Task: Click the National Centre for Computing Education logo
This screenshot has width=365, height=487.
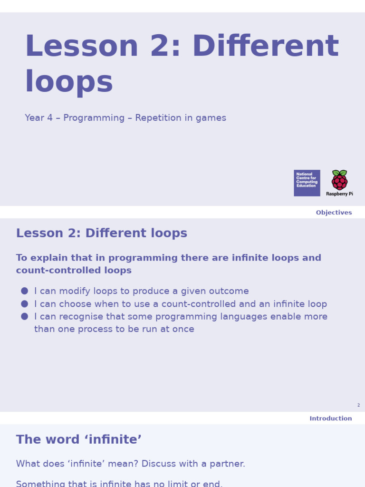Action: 307,183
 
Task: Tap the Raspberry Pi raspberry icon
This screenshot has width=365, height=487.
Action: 339,180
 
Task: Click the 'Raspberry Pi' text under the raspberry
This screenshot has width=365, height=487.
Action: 339,194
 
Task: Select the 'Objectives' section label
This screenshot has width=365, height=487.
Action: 334,213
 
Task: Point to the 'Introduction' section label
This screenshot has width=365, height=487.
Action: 331,419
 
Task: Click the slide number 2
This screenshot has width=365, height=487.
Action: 358,405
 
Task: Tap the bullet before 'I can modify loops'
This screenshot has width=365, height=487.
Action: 25,291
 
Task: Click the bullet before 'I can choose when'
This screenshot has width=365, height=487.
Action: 25,304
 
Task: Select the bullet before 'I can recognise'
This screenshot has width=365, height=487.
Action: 25,316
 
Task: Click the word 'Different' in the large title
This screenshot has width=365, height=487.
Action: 265,47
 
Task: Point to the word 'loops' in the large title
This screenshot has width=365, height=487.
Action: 69,82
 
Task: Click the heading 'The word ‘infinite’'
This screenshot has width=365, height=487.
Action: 79,439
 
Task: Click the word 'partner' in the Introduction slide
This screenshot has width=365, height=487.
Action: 227,464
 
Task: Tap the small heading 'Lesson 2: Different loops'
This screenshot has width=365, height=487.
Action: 102,234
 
